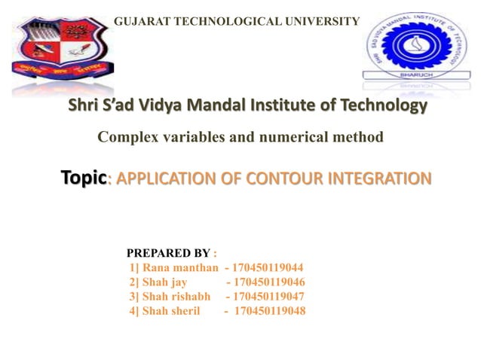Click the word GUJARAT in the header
[x=139, y=20]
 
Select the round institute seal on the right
[x=415, y=44]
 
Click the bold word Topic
[x=84, y=178]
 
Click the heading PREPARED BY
[x=168, y=252]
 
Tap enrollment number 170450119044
[x=269, y=267]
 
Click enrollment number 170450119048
[x=271, y=310]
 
